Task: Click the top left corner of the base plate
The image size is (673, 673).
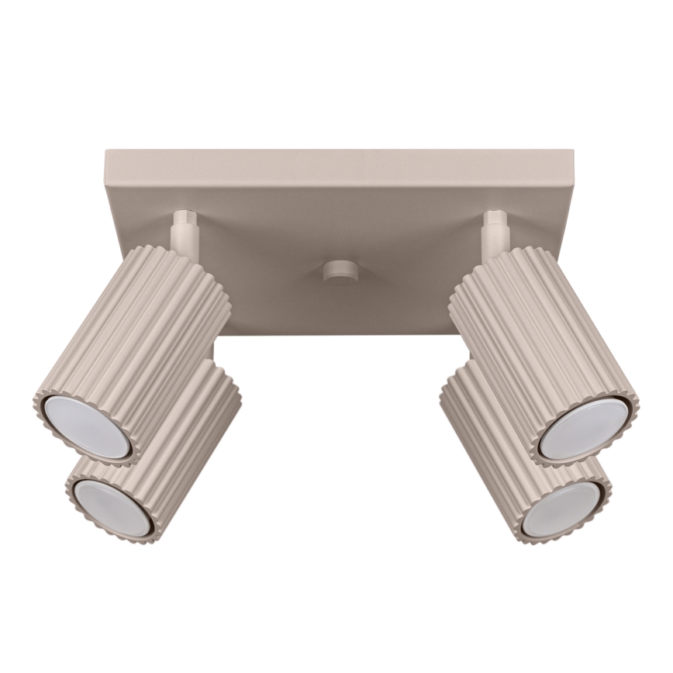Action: pos(106,152)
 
